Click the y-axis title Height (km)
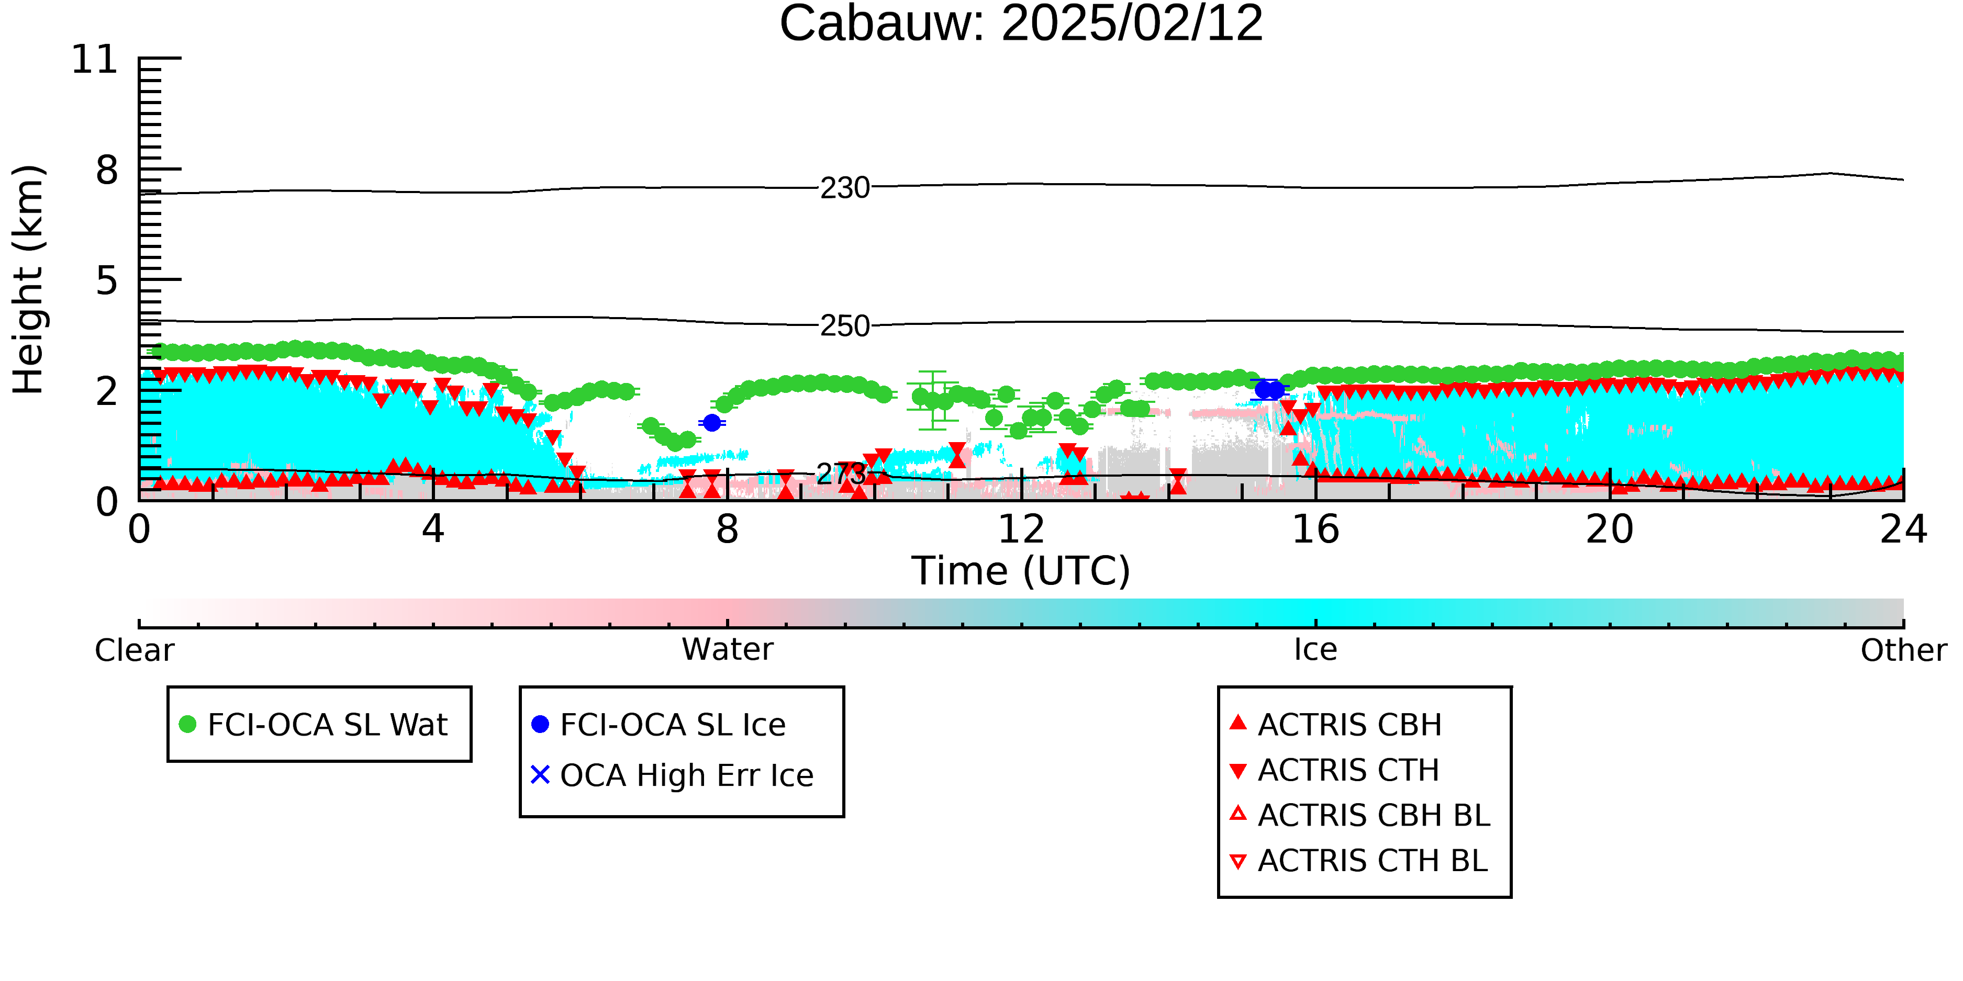[29, 279]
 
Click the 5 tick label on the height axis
[107, 280]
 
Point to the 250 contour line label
[845, 326]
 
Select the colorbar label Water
[728, 650]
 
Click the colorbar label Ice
[1315, 650]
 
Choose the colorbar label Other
[1903, 650]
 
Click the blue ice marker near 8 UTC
[712, 423]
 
